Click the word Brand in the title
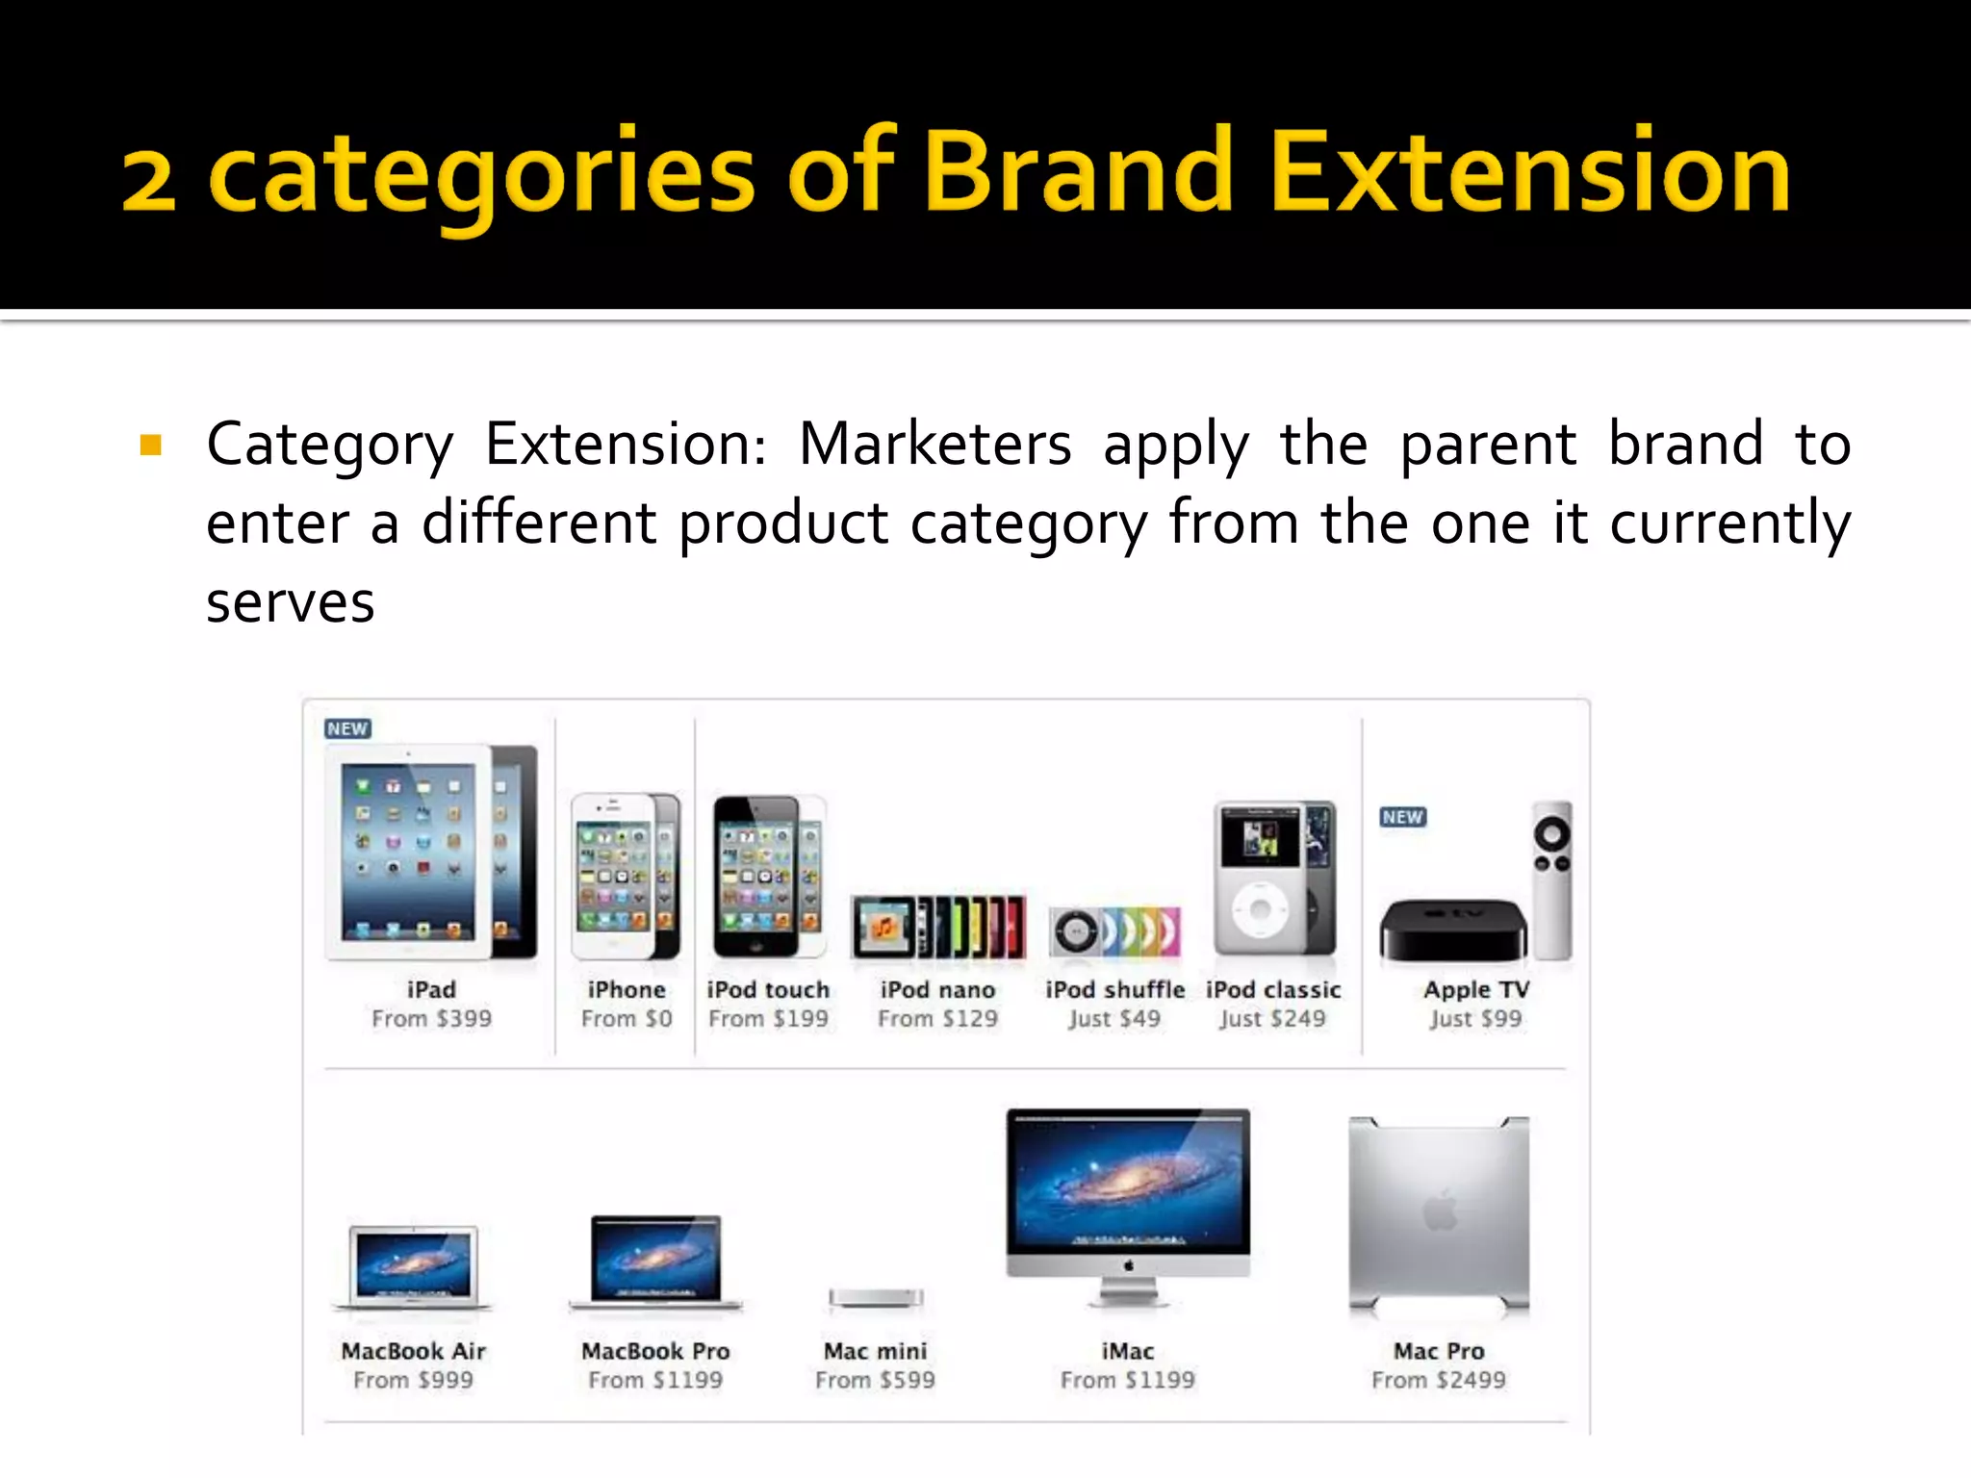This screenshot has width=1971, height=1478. pyautogui.click(x=1078, y=173)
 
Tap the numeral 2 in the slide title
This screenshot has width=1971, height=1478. pyautogui.click(x=149, y=181)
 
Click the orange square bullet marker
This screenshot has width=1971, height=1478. pyautogui.click(x=151, y=445)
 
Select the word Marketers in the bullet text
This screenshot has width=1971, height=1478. pyautogui.click(x=934, y=445)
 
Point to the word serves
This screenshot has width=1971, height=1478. pyautogui.click(x=290, y=603)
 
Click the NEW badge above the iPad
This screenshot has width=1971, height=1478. pyautogui.click(x=347, y=728)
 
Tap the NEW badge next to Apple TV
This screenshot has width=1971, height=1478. pyautogui.click(x=1403, y=817)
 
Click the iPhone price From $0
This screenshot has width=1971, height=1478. pyautogui.click(x=627, y=1018)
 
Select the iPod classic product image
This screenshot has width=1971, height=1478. pyautogui.click(x=1274, y=878)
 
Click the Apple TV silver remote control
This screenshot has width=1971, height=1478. pyautogui.click(x=1551, y=880)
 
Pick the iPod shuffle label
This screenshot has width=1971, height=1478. pyautogui.click(x=1114, y=989)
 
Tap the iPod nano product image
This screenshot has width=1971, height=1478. pyautogui.click(x=938, y=928)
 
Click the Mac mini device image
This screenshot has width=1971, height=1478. pyautogui.click(x=876, y=1298)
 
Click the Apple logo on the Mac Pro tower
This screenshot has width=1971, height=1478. pyautogui.click(x=1440, y=1210)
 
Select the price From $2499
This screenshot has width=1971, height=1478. pyautogui.click(x=1438, y=1380)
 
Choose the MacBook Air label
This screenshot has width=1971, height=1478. pyautogui.click(x=413, y=1351)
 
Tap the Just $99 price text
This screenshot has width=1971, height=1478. pyautogui.click(x=1474, y=1018)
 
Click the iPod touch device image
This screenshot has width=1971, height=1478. pyautogui.click(x=767, y=876)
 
